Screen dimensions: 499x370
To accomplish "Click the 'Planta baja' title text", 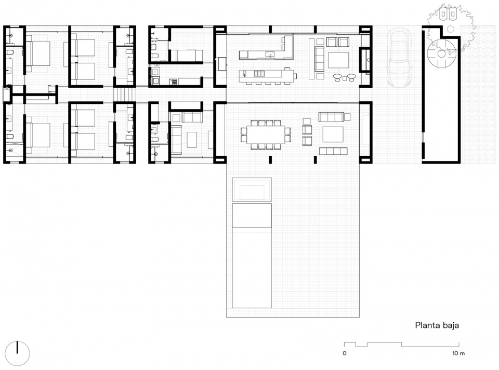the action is pyautogui.click(x=437, y=325).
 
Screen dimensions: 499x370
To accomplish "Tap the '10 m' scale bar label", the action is pyautogui.click(x=458, y=353).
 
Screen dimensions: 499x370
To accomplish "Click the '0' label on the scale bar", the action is pyautogui.click(x=344, y=353).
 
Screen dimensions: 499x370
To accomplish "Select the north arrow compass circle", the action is pyautogui.click(x=18, y=353).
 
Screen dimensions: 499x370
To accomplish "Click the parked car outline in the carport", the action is pyautogui.click(x=399, y=58).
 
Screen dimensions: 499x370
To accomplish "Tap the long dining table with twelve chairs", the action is pyautogui.click(x=266, y=134).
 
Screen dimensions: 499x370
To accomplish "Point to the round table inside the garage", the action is pyautogui.click(x=441, y=53).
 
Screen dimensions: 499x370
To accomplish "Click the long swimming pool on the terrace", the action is pyautogui.click(x=252, y=256).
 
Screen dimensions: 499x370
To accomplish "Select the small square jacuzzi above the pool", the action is pyautogui.click(x=252, y=189).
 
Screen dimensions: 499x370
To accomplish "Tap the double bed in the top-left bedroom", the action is pyautogui.click(x=37, y=53).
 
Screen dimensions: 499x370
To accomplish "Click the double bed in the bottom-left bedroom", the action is pyautogui.click(x=37, y=135).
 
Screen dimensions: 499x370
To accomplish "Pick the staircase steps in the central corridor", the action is pyautogui.click(x=122, y=94).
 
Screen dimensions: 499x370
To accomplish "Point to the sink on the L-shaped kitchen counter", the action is pyautogui.click(x=270, y=53).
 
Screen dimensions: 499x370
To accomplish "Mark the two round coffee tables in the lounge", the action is pyautogui.click(x=345, y=76).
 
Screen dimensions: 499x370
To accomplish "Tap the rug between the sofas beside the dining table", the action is pyautogui.click(x=333, y=134).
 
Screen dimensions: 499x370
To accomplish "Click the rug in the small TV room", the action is pyautogui.click(x=192, y=140).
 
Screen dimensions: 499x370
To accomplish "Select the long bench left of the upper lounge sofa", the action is pyautogui.click(x=311, y=59).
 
